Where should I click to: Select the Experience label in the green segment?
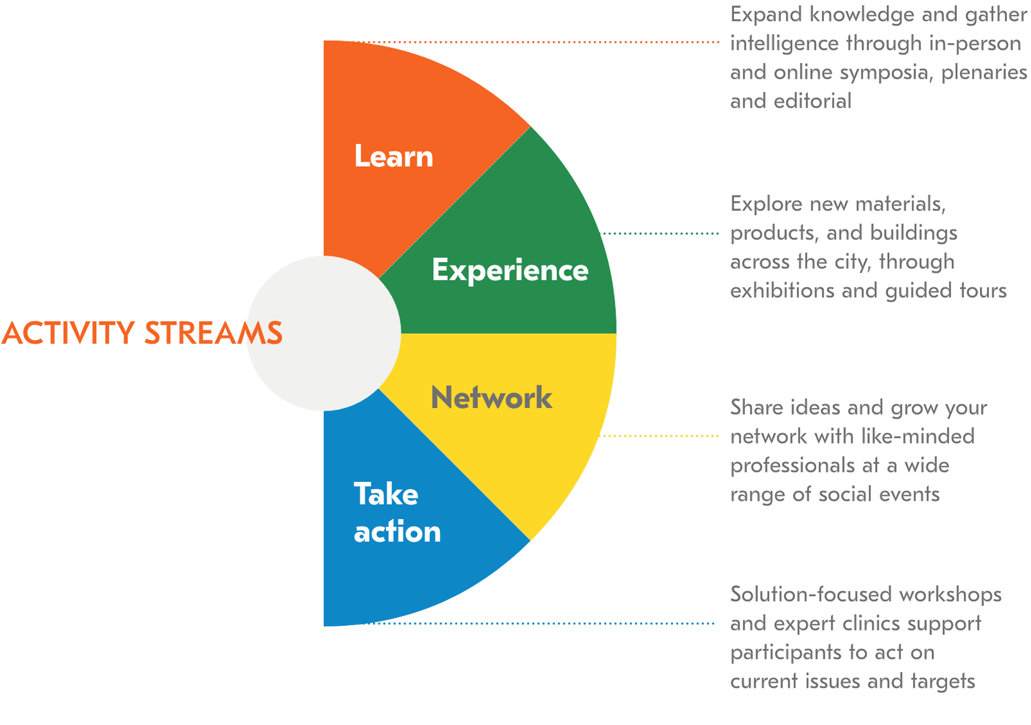tap(510, 270)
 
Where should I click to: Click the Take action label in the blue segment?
tap(397, 512)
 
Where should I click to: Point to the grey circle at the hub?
tap(324, 333)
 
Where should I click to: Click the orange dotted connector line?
tap(536, 42)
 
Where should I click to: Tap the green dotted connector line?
tap(659, 234)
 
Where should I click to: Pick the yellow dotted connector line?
tap(659, 436)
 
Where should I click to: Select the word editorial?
tap(812, 101)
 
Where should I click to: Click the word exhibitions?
tap(782, 291)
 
